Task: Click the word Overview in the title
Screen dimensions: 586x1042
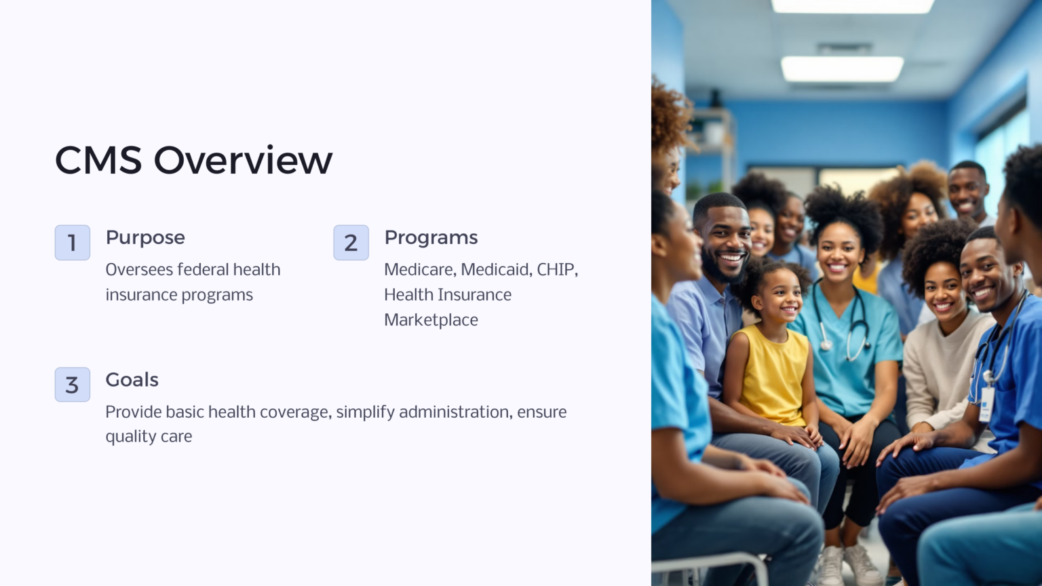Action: [x=243, y=161]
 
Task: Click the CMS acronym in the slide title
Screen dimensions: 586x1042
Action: [x=98, y=161]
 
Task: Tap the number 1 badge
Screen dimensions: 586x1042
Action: [x=73, y=243]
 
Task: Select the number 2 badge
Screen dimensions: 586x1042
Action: [x=351, y=243]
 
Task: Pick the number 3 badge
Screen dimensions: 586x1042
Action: [x=73, y=385]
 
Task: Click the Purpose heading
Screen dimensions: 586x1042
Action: [x=145, y=238]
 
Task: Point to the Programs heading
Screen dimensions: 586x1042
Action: [x=431, y=238]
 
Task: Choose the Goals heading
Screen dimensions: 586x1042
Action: [x=132, y=380]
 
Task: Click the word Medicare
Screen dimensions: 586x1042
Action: [x=419, y=270]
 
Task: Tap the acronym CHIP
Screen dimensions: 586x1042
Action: [x=556, y=270]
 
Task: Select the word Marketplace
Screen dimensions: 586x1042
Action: [x=431, y=320]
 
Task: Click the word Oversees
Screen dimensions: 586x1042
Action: [x=139, y=270]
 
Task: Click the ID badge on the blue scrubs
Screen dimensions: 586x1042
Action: [x=986, y=404]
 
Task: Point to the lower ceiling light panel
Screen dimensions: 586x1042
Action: [x=842, y=69]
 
